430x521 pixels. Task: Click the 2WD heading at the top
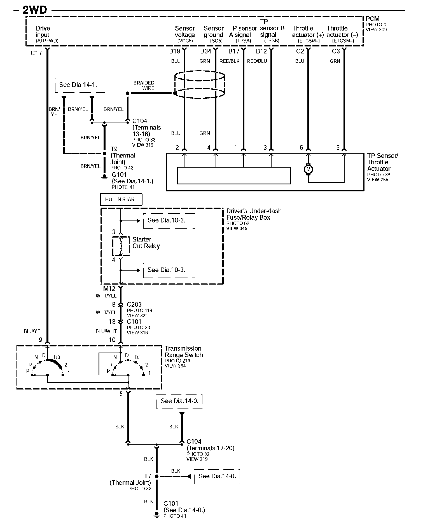tap(34, 10)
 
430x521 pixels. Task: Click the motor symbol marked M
tap(308, 169)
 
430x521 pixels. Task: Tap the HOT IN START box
tap(121, 200)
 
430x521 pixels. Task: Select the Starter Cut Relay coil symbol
tap(121, 246)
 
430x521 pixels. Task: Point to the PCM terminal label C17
tap(36, 53)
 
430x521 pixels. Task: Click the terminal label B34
tap(205, 51)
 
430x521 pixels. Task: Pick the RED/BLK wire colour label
tap(230, 61)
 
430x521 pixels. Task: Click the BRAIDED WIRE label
tap(144, 85)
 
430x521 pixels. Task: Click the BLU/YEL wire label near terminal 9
tap(33, 331)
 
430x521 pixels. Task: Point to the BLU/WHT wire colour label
tap(106, 331)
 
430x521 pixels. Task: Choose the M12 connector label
tap(109, 289)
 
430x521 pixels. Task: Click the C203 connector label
tap(134, 304)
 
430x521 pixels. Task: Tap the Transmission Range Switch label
tap(183, 352)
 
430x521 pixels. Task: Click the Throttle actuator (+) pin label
tap(308, 32)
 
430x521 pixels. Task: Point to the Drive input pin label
tap(43, 32)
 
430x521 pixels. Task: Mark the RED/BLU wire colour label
tap(257, 61)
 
